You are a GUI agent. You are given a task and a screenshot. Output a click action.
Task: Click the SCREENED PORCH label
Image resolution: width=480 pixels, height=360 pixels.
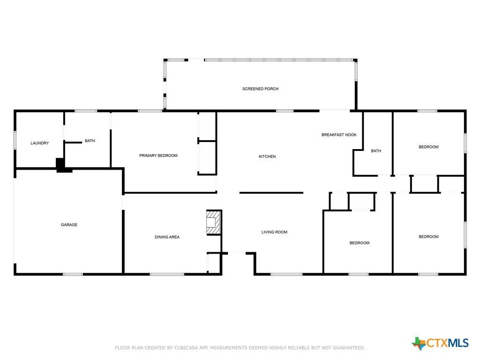(x=260, y=89)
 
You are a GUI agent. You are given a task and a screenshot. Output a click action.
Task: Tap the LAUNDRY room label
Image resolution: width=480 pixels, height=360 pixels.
(x=39, y=143)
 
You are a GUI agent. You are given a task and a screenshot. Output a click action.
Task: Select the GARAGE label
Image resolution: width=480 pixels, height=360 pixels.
(x=69, y=225)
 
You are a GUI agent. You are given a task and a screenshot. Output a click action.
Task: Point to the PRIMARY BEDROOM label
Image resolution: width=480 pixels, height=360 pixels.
(x=158, y=156)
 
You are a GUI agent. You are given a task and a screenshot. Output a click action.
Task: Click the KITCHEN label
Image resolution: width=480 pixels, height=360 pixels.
(x=267, y=157)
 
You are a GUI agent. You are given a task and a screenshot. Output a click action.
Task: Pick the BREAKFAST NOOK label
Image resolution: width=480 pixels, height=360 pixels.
(x=339, y=135)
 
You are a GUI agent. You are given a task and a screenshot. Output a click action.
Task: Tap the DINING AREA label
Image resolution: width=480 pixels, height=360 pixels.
(x=167, y=237)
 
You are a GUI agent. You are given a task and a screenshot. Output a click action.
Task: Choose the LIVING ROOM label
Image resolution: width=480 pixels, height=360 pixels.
(x=274, y=232)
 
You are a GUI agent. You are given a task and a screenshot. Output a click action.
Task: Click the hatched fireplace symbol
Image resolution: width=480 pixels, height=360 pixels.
(x=213, y=223)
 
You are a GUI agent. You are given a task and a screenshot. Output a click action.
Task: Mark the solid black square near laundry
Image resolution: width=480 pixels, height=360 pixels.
(x=60, y=164)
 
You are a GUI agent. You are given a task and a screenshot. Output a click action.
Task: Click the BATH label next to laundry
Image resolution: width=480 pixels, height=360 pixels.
(x=90, y=141)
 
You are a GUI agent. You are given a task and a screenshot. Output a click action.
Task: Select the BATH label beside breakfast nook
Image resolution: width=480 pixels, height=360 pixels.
(x=376, y=151)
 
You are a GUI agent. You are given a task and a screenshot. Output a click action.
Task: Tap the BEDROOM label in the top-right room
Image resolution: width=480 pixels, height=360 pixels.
(x=428, y=147)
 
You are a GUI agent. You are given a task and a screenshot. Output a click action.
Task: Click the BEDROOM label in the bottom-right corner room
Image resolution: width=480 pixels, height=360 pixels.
(x=428, y=237)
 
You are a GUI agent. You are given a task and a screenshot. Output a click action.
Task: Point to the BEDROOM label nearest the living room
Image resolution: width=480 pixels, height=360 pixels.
(x=360, y=243)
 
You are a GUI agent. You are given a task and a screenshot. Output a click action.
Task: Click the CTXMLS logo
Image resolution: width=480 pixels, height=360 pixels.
(x=440, y=343)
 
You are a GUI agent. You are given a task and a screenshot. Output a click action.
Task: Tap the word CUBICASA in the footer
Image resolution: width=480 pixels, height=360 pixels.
(x=186, y=348)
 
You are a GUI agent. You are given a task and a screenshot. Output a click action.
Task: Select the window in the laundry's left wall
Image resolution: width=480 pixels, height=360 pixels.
(x=15, y=140)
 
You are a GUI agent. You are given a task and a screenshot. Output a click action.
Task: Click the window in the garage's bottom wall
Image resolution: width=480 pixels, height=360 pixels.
(x=73, y=274)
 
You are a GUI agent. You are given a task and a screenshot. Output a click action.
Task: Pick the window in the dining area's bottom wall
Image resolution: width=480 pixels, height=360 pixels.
(x=167, y=274)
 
